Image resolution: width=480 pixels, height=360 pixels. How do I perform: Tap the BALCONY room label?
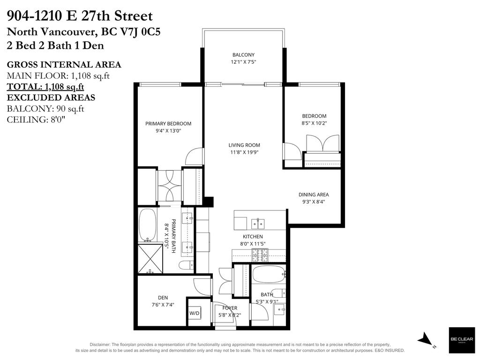243,55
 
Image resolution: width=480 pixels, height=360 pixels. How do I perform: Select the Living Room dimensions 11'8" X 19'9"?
243,152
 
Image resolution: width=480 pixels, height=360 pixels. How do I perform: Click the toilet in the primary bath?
186,265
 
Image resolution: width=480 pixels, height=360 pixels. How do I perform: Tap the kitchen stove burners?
259,255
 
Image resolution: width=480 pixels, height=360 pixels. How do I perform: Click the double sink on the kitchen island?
258,222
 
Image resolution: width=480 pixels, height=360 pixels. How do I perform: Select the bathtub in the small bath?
269,273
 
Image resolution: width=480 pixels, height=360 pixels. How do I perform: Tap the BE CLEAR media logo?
461,340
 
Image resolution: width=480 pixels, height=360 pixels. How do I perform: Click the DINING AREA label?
314,195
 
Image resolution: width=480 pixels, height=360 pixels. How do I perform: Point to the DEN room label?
163,298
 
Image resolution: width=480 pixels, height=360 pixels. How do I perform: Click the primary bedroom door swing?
195,157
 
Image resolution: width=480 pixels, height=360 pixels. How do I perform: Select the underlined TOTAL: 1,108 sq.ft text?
45,87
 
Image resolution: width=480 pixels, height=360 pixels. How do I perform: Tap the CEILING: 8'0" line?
36,120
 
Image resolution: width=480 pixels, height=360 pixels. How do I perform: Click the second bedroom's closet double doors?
322,143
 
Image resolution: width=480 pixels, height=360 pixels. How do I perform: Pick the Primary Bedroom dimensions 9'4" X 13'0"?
168,131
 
